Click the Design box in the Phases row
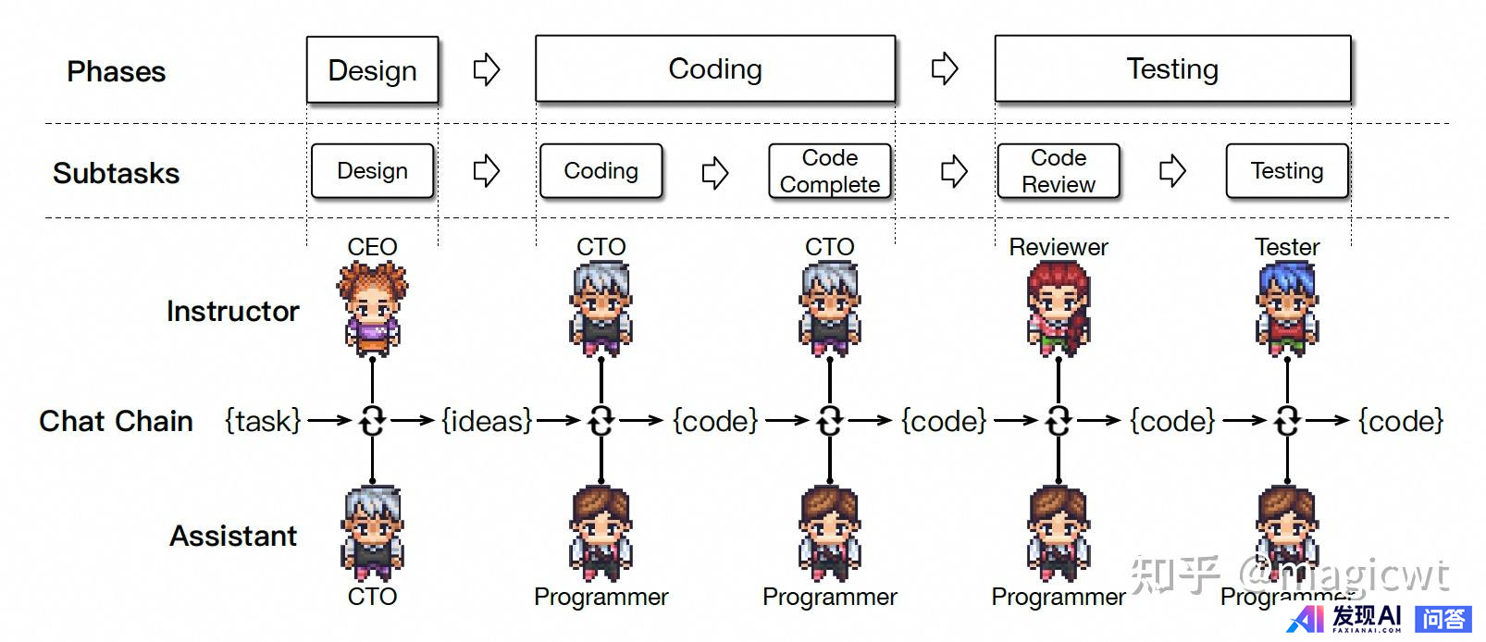372,70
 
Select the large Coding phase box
714,69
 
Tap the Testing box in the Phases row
1172,69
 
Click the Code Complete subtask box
830,171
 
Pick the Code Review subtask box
1059,171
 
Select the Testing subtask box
1287,171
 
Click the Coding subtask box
601,171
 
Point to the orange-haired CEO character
372,308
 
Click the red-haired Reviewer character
1059,308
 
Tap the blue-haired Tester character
1287,308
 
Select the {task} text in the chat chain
263,421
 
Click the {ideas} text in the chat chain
487,421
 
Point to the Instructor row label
233,312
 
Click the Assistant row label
233,536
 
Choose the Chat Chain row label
117,421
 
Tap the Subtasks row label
117,173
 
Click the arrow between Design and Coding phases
487,69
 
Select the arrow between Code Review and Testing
1172,171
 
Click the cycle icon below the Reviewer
1059,421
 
